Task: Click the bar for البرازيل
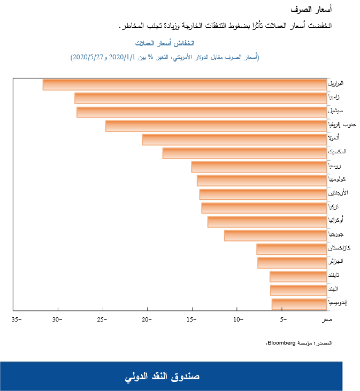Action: coord(185,84)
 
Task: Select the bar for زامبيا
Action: coord(201,98)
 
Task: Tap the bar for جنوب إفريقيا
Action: coord(216,126)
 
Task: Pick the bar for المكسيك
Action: coord(244,153)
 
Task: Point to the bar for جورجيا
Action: coord(275,236)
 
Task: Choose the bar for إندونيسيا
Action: coord(299,304)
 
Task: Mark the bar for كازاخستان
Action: coord(292,249)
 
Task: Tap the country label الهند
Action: coord(335,289)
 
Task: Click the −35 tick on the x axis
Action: coord(16,319)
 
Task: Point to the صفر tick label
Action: coord(327,319)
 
